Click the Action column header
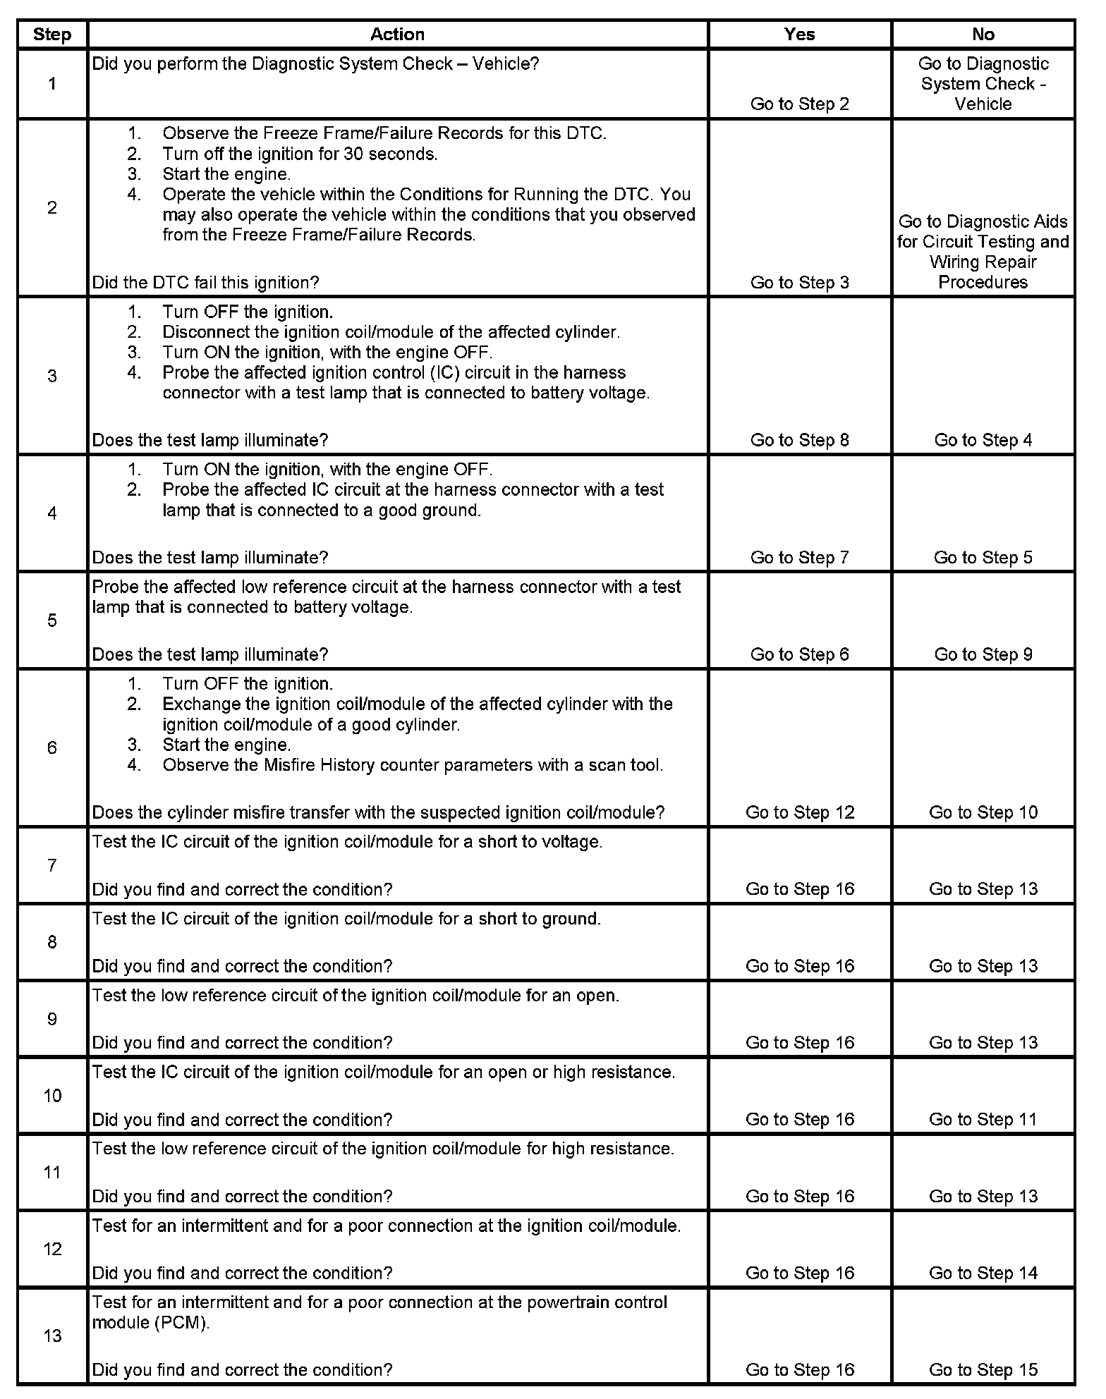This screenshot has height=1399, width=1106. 397,35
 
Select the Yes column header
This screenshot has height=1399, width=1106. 799,35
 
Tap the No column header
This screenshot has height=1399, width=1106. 983,35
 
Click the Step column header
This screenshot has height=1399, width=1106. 52,35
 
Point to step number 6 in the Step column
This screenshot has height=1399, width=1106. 52,747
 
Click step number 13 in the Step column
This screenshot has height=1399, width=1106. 52,1336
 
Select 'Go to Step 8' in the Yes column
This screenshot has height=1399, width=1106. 799,440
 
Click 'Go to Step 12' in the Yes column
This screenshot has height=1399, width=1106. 799,812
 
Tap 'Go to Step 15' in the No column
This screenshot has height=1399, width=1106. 983,1369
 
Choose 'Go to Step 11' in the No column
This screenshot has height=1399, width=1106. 983,1119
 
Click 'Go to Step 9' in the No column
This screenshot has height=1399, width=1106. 983,654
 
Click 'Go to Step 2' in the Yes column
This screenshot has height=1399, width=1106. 799,104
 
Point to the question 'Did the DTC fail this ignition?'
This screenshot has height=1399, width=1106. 205,283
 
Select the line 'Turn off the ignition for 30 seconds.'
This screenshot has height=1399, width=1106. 300,154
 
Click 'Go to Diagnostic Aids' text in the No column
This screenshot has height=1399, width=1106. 983,221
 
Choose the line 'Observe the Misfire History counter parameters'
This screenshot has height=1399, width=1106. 413,765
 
